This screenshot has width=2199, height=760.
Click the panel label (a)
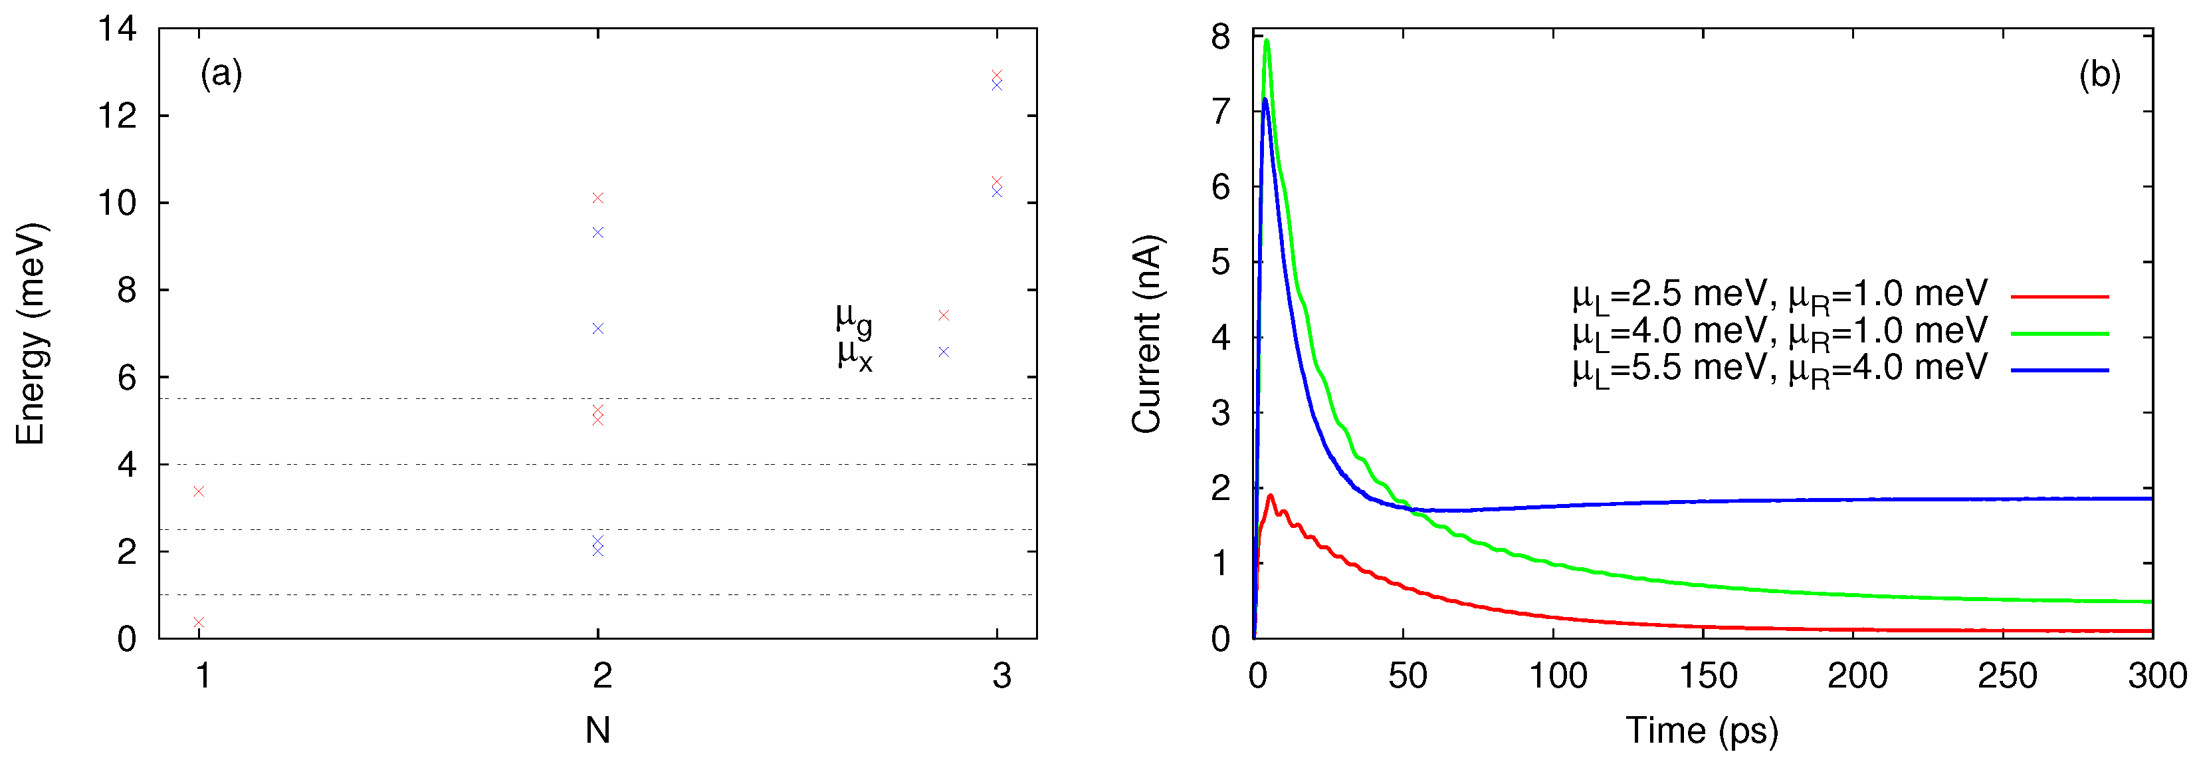click(x=221, y=74)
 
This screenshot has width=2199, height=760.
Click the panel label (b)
click(x=2099, y=75)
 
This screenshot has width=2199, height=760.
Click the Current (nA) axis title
click(x=1146, y=334)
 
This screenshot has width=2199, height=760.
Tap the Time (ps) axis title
click(x=1701, y=731)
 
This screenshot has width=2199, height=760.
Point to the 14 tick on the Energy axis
click(x=118, y=30)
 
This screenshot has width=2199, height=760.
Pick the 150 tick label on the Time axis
click(x=1708, y=676)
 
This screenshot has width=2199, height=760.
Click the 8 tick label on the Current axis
click(x=1221, y=37)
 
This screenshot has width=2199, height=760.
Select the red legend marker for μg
click(x=943, y=315)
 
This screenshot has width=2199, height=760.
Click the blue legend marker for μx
click(x=943, y=352)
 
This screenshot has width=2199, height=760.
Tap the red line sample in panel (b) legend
click(x=2059, y=297)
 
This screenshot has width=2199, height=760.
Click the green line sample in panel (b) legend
click(x=2059, y=333)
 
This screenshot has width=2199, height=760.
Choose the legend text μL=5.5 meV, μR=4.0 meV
click(x=1780, y=370)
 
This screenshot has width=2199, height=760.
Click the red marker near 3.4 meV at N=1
click(x=199, y=491)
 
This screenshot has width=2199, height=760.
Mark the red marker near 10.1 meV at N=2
click(x=597, y=198)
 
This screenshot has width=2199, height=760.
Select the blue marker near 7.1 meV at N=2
click(x=597, y=328)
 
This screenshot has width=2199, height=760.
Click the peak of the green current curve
click(x=1267, y=40)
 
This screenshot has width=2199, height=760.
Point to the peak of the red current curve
click(x=1270, y=495)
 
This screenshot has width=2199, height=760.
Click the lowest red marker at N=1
click(x=199, y=622)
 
